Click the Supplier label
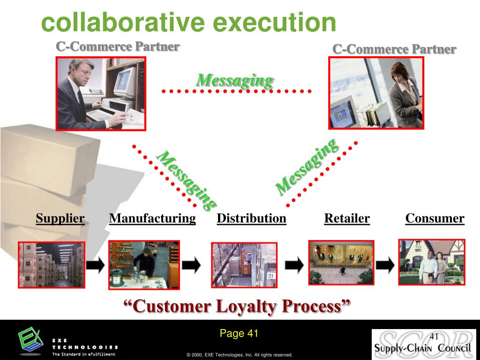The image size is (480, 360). tap(60, 218)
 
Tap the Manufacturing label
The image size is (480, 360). tap(152, 218)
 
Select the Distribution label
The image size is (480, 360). tap(251, 218)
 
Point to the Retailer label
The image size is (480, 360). tap(347, 218)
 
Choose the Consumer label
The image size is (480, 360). tap(435, 218)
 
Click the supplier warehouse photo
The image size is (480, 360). tap(52, 265)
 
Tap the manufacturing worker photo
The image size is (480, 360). tap(144, 265)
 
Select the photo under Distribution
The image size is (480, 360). tap(244, 265)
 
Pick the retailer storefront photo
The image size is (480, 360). tap(341, 262)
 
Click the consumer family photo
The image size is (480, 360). tap(431, 262)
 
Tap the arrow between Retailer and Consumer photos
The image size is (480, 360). tap(385, 265)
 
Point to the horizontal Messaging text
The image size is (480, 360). tap(234, 80)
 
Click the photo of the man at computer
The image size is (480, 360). tap(101, 93)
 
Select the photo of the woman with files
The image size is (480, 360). tap(376, 93)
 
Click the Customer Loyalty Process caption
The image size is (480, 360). tap(237, 307)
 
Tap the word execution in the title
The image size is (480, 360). tap(274, 22)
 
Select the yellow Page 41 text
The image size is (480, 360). tap(239, 333)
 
